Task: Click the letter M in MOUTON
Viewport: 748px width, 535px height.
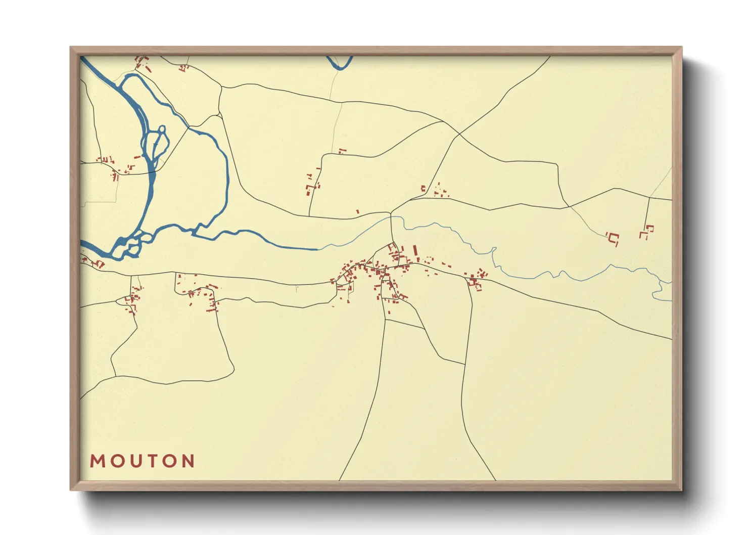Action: click(97, 461)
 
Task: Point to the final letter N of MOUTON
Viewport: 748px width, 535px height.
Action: click(188, 461)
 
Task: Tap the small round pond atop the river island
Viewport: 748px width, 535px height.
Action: click(162, 130)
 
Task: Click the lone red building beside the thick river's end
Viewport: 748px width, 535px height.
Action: click(358, 211)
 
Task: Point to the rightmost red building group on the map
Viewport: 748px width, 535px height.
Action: click(646, 232)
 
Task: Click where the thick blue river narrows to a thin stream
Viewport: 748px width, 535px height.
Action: click(318, 249)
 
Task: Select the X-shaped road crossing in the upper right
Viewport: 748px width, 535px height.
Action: click(458, 133)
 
